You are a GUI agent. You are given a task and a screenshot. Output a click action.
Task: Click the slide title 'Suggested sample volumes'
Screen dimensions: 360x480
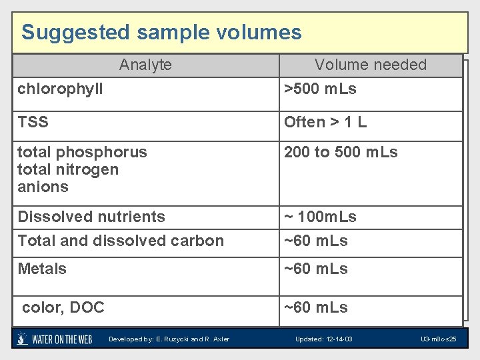click(161, 32)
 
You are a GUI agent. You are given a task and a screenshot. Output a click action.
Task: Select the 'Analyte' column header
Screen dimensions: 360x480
click(145, 65)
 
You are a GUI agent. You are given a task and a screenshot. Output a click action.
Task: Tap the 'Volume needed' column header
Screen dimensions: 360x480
click(371, 65)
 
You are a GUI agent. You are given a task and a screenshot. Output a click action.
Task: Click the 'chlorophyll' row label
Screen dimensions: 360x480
click(60, 89)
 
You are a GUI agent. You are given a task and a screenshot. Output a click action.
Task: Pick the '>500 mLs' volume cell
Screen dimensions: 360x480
click(320, 89)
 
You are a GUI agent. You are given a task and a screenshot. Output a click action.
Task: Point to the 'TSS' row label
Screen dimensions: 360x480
click(33, 122)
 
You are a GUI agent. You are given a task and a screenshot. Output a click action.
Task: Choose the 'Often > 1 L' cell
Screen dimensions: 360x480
click(325, 122)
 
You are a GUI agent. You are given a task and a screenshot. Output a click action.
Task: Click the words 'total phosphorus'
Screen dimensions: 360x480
click(82, 152)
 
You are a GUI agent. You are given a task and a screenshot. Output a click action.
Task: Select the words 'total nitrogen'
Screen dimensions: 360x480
click(68, 169)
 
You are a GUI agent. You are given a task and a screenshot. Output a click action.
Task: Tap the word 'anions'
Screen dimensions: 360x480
click(43, 187)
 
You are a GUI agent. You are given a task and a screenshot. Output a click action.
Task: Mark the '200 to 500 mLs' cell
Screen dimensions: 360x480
click(341, 152)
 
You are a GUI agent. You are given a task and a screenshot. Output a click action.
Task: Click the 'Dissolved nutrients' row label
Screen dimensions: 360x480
click(91, 217)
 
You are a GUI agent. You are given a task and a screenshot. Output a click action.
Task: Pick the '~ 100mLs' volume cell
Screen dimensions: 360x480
click(320, 217)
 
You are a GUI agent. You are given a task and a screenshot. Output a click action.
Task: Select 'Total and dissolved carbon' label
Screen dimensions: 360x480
click(121, 241)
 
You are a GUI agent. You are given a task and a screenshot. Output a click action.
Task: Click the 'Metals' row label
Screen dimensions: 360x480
click(42, 269)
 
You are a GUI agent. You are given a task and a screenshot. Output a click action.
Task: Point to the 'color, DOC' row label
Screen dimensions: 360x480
click(63, 307)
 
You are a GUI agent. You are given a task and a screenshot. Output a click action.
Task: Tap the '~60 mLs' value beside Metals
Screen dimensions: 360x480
click(316, 269)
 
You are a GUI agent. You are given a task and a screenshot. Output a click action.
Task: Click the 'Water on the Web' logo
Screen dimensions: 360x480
click(55, 339)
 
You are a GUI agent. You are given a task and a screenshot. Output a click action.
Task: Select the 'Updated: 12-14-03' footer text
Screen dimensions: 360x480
click(324, 339)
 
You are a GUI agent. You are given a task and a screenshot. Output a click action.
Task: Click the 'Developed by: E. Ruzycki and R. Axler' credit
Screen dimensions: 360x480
click(169, 339)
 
